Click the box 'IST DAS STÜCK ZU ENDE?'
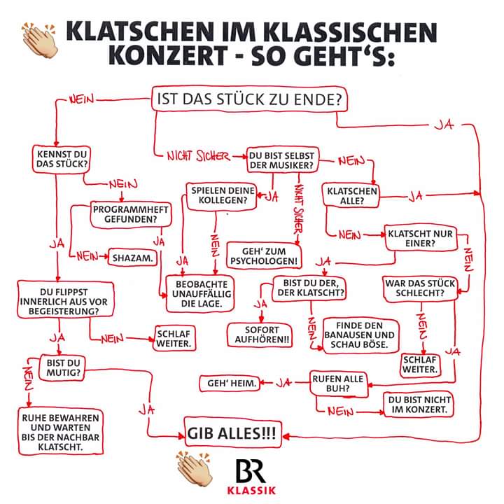[249, 99]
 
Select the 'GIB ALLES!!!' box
[233, 433]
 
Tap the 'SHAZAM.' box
[133, 258]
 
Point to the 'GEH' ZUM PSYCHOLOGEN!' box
[264, 256]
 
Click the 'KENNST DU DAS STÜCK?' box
[62, 160]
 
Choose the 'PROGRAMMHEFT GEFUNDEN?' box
[131, 215]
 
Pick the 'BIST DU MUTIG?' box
[63, 368]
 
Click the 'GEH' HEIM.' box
[230, 384]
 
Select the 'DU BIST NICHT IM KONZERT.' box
[419, 405]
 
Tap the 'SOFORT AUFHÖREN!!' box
[260, 335]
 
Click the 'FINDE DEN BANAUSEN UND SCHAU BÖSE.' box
[360, 335]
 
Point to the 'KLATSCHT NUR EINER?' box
[421, 238]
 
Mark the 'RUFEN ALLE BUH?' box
[339, 384]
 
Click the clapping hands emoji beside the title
[39, 39]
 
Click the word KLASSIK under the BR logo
[251, 490]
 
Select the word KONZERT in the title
[167, 55]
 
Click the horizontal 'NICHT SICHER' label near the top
[199, 157]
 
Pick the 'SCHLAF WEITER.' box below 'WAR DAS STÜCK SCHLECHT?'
[421, 365]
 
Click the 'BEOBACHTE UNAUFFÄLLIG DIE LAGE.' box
[200, 294]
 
